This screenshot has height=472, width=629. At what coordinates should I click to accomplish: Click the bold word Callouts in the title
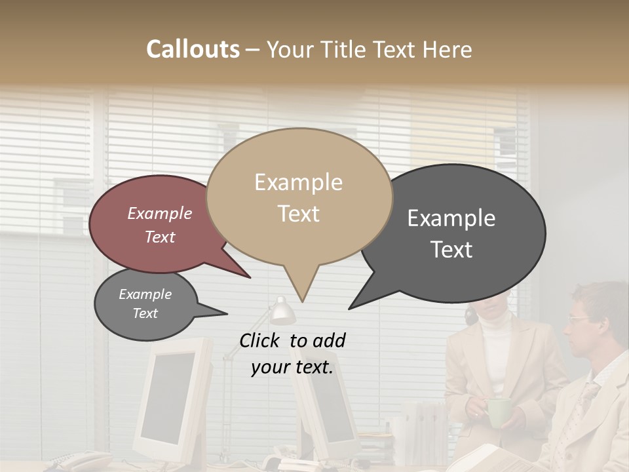(193, 49)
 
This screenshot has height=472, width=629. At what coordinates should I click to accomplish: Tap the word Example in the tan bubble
(298, 182)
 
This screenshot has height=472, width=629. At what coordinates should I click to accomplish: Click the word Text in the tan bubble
(298, 214)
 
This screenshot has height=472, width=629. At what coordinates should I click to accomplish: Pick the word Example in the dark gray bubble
(451, 218)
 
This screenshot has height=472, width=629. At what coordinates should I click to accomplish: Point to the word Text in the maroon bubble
(160, 237)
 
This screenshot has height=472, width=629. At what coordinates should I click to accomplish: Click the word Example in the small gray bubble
(145, 294)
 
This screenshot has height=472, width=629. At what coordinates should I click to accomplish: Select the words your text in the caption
(292, 368)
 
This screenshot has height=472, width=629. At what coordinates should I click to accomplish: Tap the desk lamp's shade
(282, 311)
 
